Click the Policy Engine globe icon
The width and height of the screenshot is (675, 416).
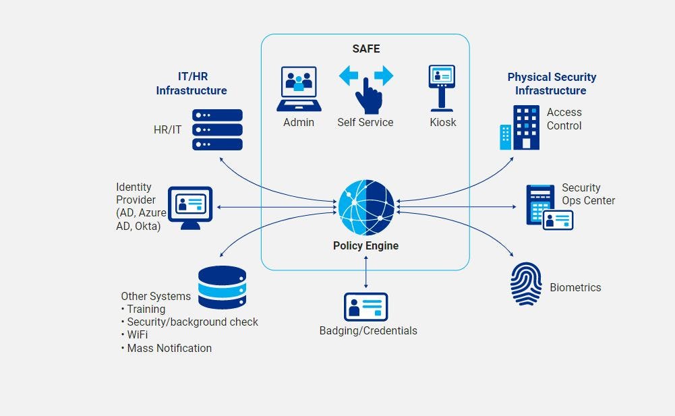click(x=366, y=206)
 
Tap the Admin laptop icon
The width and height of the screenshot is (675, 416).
click(x=297, y=89)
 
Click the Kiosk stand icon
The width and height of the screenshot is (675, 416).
click(x=442, y=87)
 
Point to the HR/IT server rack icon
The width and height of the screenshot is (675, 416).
click(x=217, y=129)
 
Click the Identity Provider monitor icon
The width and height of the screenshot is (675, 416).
click(x=189, y=207)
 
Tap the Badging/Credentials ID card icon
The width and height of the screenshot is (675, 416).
click(x=366, y=307)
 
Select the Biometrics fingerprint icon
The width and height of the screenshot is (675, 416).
click(x=526, y=284)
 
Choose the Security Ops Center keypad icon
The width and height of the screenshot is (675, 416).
click(x=541, y=205)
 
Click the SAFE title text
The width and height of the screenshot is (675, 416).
click(x=365, y=49)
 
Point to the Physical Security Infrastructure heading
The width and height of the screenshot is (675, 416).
click(x=552, y=84)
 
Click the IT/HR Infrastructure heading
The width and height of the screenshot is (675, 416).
click(x=192, y=84)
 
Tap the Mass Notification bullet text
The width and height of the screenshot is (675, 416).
click(x=169, y=348)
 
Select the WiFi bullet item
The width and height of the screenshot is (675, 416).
click(x=137, y=335)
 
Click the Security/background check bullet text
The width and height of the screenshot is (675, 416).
click(x=192, y=322)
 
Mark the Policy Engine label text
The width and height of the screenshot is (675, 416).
click(x=365, y=245)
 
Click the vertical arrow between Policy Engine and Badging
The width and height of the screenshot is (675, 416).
click(x=366, y=270)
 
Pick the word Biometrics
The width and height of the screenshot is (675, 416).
click(x=575, y=287)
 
